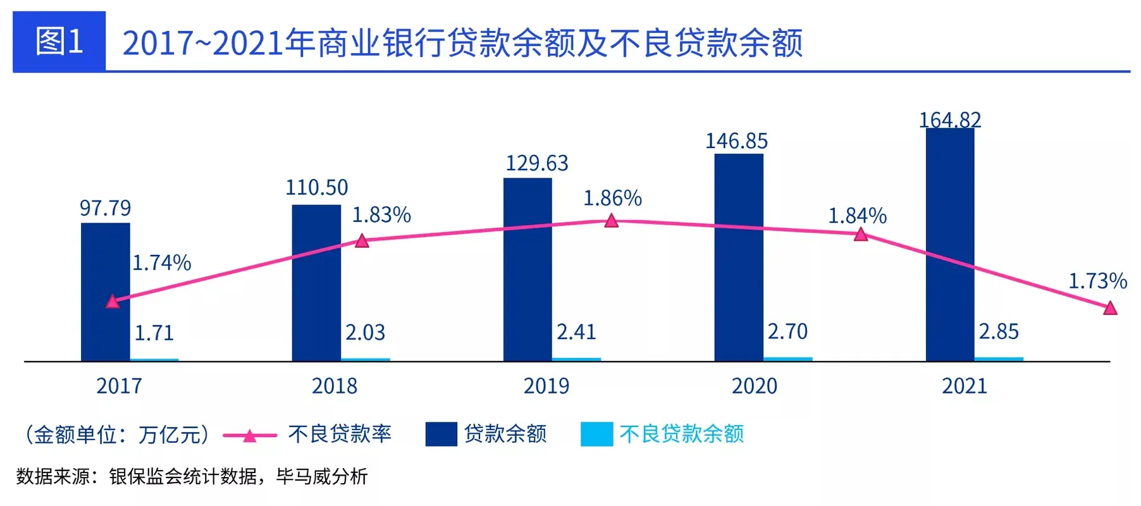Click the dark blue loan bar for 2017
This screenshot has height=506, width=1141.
105,291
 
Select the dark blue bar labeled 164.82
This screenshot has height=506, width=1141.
949,244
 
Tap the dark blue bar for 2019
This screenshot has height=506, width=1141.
527,269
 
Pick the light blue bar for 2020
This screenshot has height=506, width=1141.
788,359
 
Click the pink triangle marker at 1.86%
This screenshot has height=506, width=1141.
611,221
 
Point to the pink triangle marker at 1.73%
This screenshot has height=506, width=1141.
1110,308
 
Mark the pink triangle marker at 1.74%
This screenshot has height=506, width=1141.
113,302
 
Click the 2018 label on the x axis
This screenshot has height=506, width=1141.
334,386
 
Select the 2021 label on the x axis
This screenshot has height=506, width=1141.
964,386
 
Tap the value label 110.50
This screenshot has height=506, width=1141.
316,187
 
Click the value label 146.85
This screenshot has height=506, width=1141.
736,141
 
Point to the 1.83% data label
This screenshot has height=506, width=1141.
381,215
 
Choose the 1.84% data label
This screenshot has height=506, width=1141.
857,216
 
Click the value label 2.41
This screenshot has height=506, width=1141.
576,332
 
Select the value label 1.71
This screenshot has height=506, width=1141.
154,333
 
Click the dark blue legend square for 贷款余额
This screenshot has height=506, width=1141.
441,434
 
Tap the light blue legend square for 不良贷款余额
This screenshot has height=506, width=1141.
596,434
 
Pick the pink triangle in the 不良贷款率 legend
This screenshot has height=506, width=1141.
250,435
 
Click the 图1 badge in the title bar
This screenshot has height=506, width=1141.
59,42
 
